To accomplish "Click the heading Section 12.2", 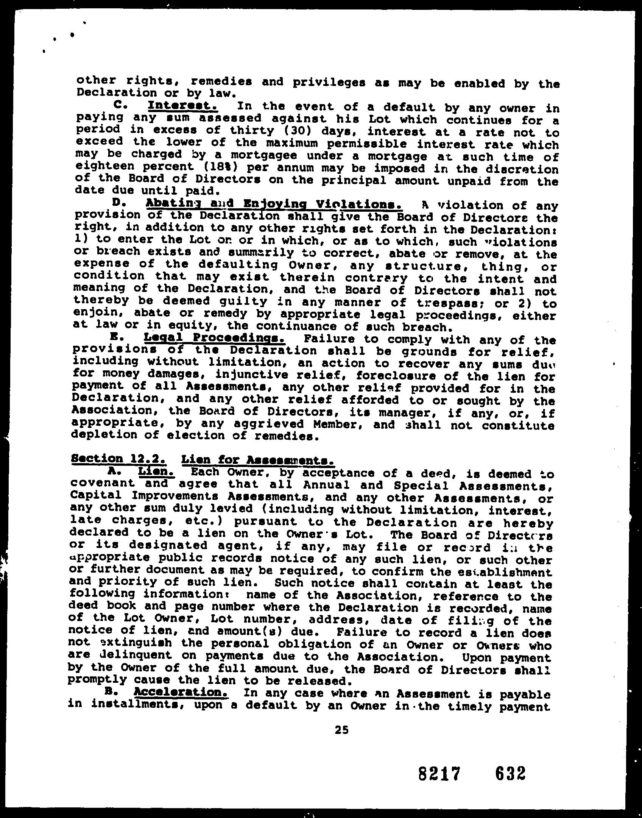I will [118, 459].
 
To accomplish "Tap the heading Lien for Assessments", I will [257, 460].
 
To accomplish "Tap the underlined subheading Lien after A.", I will [156, 472].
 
